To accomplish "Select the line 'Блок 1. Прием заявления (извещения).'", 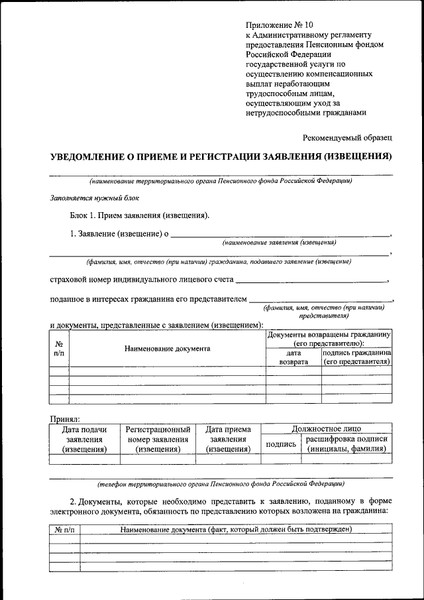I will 140,215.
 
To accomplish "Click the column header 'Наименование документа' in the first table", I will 167,348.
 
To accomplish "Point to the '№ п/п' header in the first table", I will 59,349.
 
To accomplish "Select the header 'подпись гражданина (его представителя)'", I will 356,358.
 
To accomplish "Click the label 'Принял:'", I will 65,419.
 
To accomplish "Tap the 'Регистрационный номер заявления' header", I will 158,439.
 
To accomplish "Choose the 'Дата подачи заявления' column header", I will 84,439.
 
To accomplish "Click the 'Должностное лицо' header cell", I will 327,429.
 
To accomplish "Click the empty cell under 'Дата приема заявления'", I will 228,458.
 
